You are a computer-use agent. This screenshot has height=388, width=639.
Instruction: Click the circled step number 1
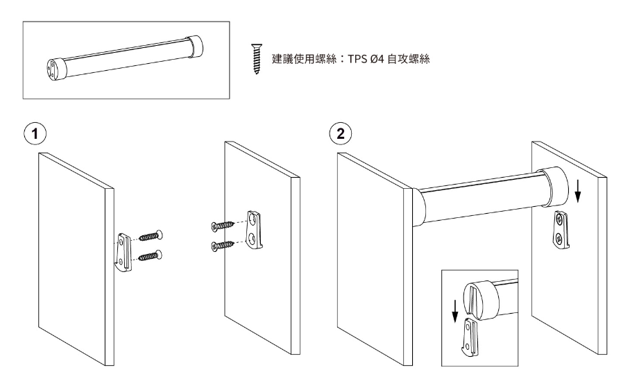35,134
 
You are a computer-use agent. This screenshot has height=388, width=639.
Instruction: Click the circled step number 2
340,134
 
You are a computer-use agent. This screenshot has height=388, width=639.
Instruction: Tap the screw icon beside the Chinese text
256,59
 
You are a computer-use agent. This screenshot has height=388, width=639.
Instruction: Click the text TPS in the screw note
357,59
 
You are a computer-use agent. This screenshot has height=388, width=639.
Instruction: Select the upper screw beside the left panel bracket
151,235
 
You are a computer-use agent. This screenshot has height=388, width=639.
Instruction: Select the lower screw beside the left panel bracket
151,255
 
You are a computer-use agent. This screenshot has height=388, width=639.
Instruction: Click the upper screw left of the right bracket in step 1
223,225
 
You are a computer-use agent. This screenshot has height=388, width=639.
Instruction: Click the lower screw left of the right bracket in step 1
223,245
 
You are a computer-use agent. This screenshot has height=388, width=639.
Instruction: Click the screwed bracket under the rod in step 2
561,230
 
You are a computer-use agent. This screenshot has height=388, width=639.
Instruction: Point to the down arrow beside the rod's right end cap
577,192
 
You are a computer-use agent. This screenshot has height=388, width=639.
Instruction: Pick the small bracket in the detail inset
472,338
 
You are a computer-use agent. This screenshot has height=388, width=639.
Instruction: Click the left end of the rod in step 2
419,209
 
